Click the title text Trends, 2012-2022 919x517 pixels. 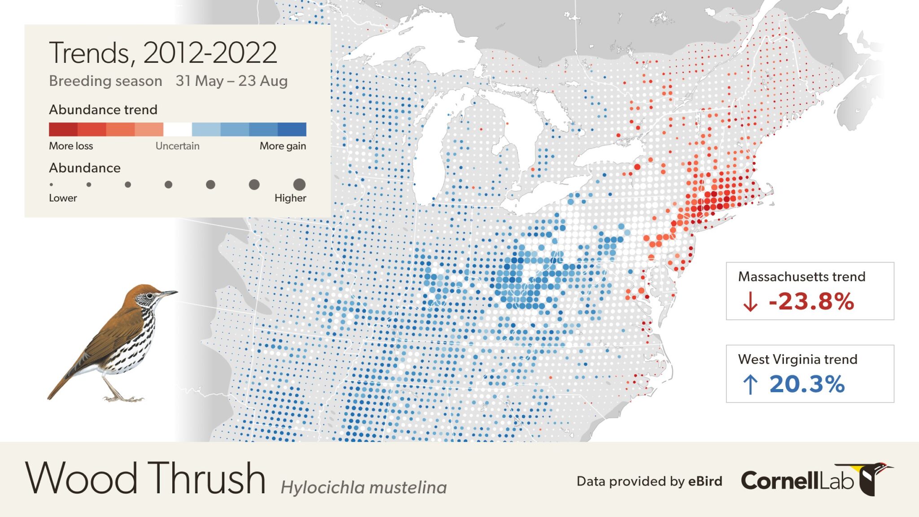[162, 53]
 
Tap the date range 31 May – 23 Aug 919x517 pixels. [231, 81]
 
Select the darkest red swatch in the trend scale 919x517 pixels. [63, 129]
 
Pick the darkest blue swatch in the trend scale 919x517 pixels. [292, 129]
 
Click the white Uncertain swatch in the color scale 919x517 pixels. [177, 129]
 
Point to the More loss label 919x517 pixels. [71, 146]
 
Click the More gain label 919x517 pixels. [283, 146]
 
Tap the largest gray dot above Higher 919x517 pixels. [299, 184]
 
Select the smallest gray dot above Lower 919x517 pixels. [51, 184]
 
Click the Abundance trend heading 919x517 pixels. [103, 110]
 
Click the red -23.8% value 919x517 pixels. [811, 302]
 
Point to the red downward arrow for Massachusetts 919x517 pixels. [750, 302]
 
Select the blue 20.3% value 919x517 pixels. [807, 384]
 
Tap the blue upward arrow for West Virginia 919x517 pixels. [750, 384]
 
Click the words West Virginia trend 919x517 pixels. [797, 359]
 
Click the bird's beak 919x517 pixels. [169, 294]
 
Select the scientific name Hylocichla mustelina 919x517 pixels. [363, 487]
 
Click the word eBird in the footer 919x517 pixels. [705, 482]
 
